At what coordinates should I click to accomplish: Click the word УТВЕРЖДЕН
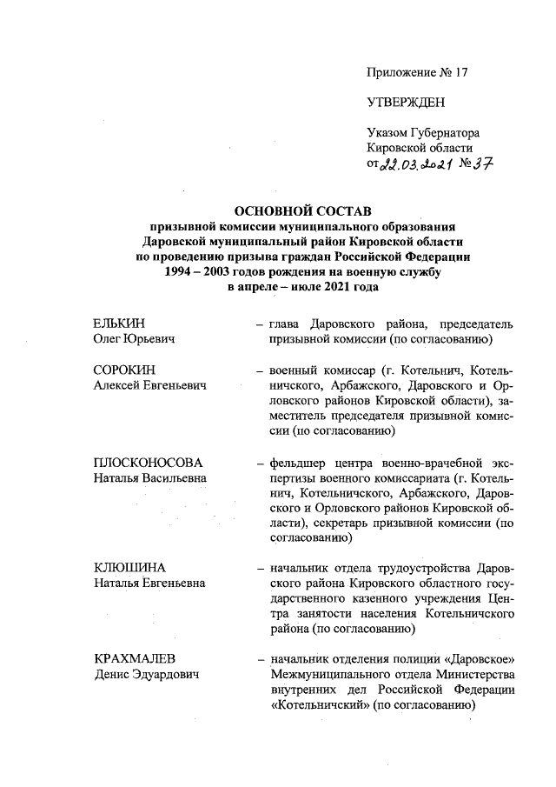point(406,103)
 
